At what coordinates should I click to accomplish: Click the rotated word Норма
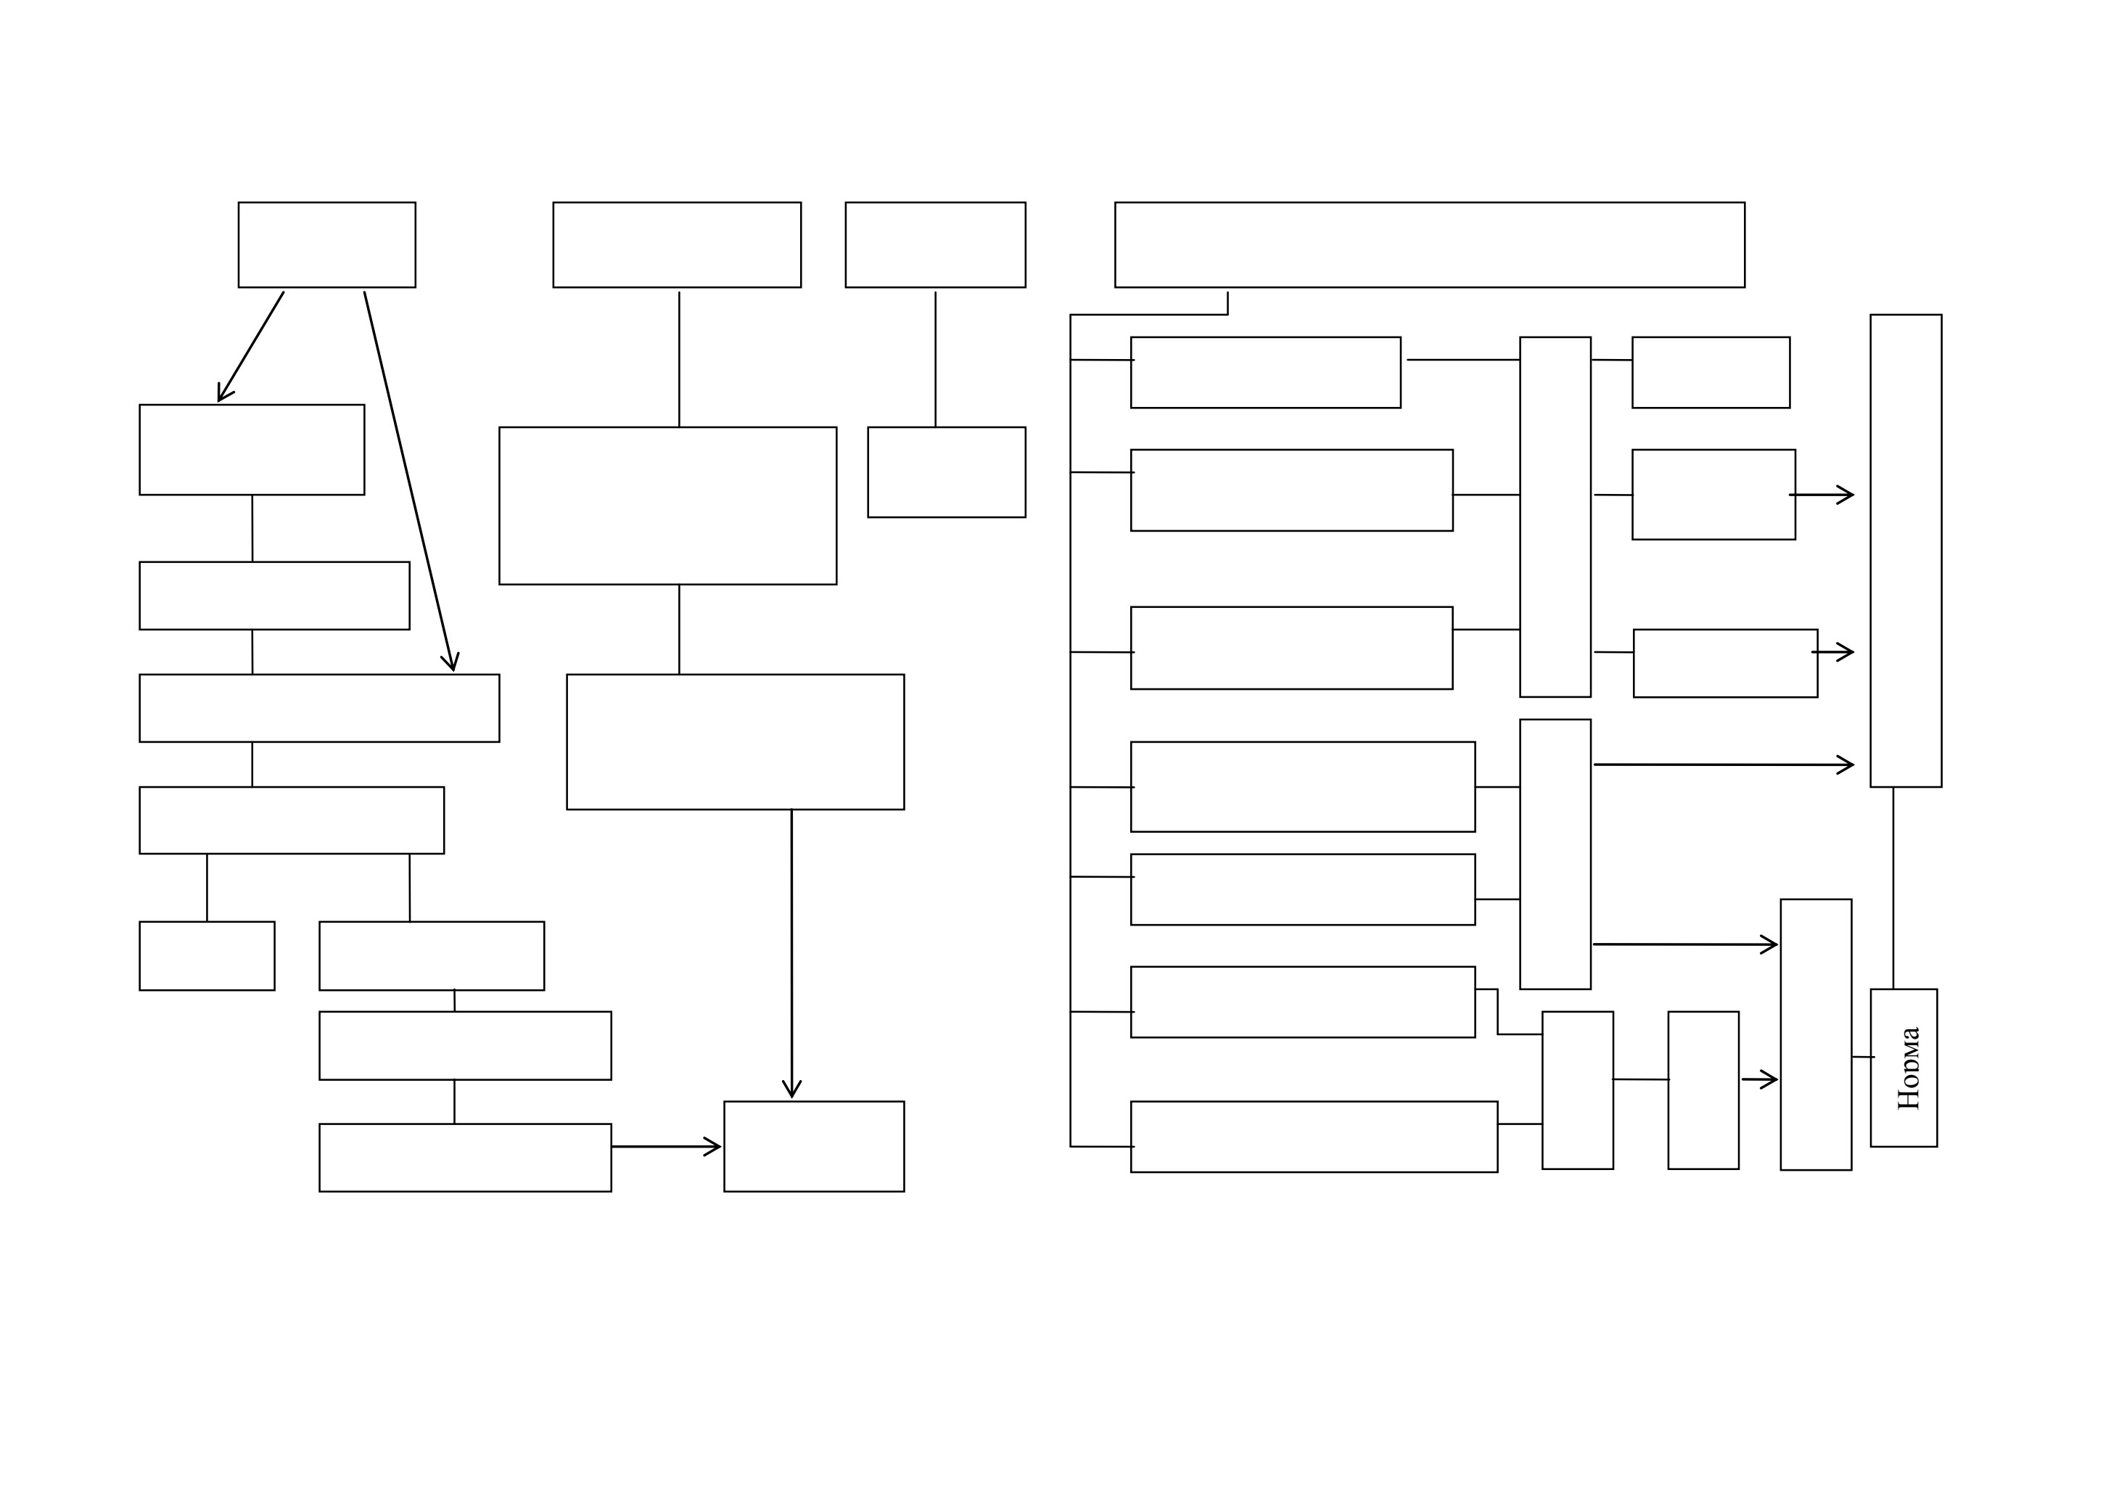(1909, 1068)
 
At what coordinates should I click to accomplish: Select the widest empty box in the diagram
(1430, 244)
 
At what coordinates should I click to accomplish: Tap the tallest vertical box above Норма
(1906, 551)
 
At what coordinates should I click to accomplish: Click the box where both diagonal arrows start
(327, 244)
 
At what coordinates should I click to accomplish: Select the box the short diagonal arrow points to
(252, 450)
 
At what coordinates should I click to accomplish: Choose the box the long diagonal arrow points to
(320, 708)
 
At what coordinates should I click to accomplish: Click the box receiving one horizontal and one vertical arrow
(814, 1146)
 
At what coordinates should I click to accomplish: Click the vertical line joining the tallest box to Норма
(1893, 888)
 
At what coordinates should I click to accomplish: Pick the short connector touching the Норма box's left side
(1863, 1057)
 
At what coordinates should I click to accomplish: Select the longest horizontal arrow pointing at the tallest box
(1724, 765)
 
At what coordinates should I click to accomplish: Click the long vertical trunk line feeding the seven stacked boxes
(1071, 730)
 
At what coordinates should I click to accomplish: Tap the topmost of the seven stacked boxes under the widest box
(1266, 373)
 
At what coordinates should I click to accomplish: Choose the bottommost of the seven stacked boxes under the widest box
(1314, 1137)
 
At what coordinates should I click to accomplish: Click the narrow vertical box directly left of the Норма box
(1816, 1034)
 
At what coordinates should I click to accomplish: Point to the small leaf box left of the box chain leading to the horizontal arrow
(207, 956)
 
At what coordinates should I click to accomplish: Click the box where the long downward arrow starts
(736, 741)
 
